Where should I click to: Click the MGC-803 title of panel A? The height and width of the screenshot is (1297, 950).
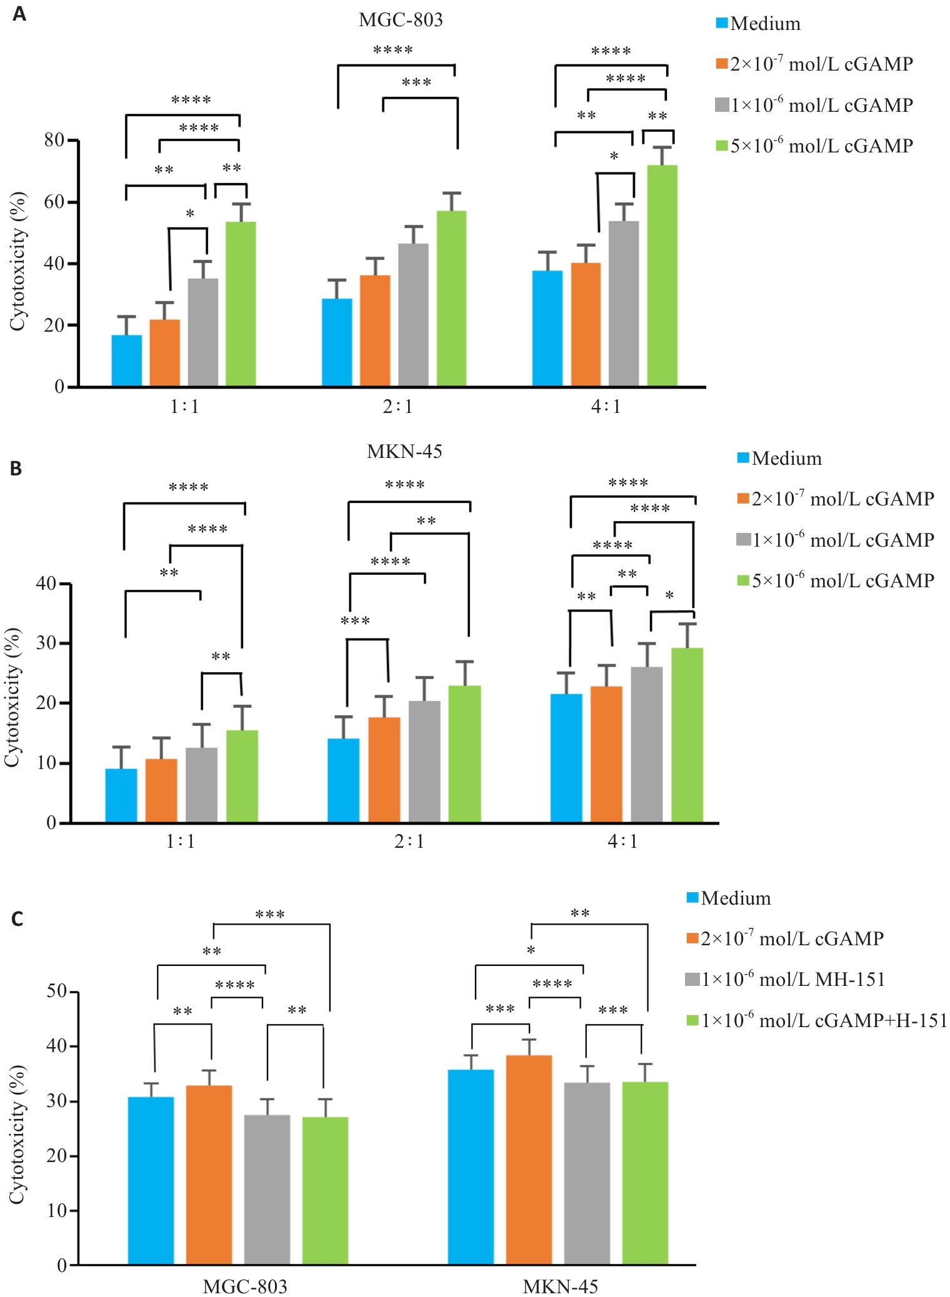tap(401, 20)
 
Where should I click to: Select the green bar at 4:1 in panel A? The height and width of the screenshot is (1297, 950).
tap(662, 275)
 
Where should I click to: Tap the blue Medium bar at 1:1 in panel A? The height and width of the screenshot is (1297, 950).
tap(127, 360)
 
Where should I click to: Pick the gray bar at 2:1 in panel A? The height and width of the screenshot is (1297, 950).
tap(413, 314)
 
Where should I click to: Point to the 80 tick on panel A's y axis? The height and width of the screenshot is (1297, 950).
tap(54, 141)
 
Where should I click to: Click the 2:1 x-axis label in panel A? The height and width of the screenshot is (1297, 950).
tap(398, 407)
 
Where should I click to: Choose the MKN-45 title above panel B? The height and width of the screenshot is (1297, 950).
tap(404, 452)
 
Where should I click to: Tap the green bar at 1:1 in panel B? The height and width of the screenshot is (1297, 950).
tap(242, 776)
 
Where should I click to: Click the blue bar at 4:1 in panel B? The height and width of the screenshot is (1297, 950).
tap(566, 758)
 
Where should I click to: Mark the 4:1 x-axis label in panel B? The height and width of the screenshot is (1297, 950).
tap(622, 842)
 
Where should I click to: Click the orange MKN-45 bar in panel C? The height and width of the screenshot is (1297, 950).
tap(529, 1160)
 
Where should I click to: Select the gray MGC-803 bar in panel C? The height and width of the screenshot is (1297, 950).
tap(267, 1190)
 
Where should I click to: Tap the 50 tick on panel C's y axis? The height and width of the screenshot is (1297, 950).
tap(57, 991)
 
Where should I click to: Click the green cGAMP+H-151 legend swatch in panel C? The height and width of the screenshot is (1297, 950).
tap(692, 1020)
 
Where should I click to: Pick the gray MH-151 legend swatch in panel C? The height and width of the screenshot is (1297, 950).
tap(692, 979)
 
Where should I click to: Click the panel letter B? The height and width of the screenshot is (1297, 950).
tap(16, 469)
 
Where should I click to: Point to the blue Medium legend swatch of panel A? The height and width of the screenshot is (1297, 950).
tap(722, 24)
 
